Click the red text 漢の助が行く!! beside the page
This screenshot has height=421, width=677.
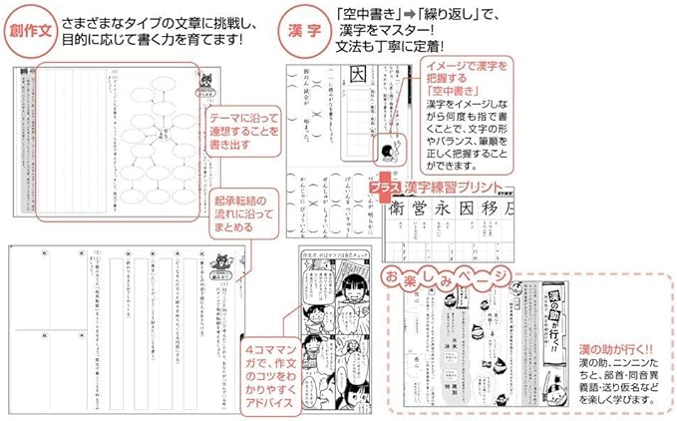pos(610,350)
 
